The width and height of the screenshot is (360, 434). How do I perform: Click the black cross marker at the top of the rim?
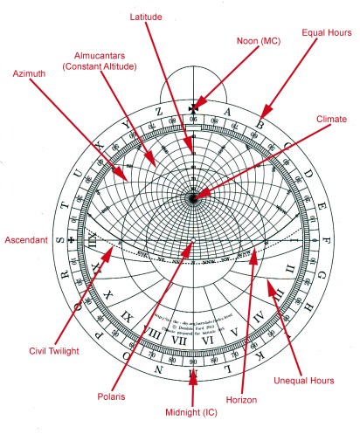192,109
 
